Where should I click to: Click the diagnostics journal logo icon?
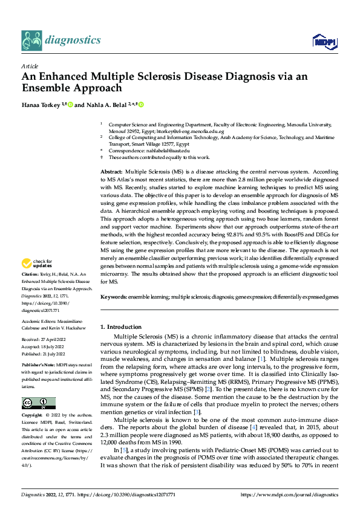click(31, 41)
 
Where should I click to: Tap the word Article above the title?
click(29, 66)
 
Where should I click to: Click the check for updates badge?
click(36, 263)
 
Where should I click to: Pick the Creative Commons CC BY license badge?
click(38, 403)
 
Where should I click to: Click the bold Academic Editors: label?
click(38, 321)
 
